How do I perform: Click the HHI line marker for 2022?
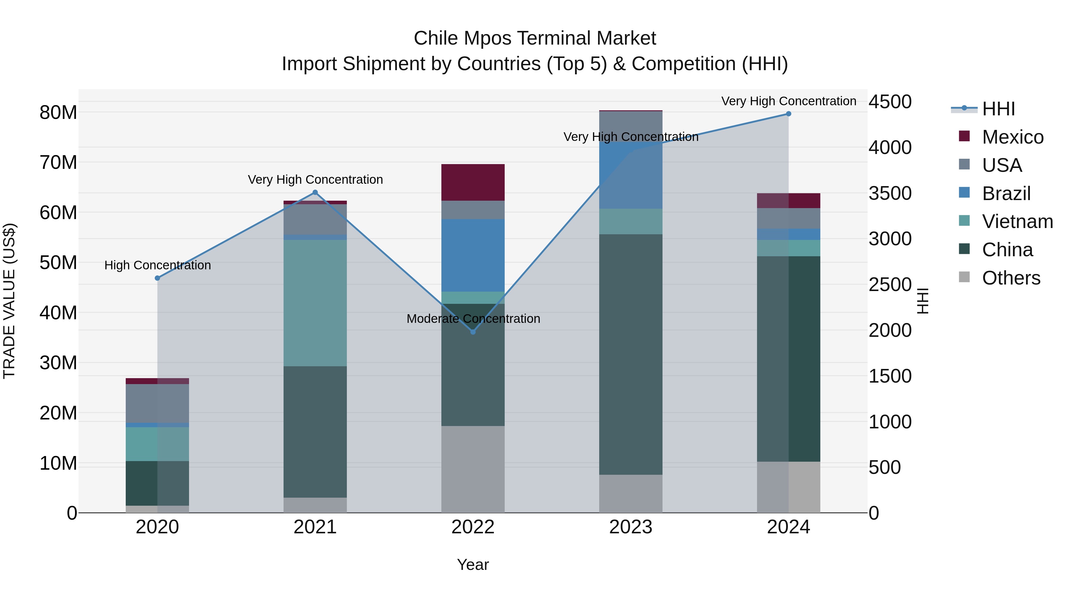click(x=473, y=331)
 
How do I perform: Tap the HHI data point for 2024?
click(x=788, y=114)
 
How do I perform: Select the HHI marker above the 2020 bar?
click(x=158, y=278)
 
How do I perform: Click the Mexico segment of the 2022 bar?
click(x=473, y=183)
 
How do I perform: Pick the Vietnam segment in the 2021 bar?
click(x=315, y=303)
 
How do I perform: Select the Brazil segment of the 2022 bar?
click(x=473, y=255)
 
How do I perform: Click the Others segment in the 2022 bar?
click(x=473, y=469)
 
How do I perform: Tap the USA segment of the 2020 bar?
click(x=158, y=403)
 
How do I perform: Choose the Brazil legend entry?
click(x=1006, y=193)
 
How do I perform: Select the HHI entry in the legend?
click(x=998, y=109)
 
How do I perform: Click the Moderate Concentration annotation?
click(x=473, y=319)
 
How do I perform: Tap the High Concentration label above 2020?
click(x=158, y=265)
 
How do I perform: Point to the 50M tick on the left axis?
click(x=58, y=263)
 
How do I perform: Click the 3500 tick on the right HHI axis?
click(x=890, y=194)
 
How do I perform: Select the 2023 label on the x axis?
click(x=630, y=527)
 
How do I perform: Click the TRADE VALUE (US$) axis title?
click(x=10, y=301)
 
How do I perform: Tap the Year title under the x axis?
click(x=473, y=565)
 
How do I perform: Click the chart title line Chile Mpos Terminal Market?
click(x=535, y=38)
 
